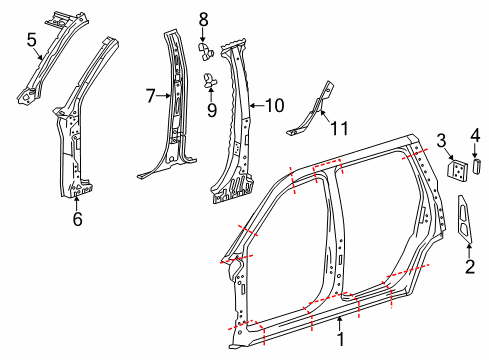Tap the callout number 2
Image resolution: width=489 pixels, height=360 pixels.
pyautogui.click(x=468, y=267)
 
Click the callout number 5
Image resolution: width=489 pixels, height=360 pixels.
pyautogui.click(x=31, y=40)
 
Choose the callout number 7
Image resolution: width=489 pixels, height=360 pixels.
pyautogui.click(x=151, y=97)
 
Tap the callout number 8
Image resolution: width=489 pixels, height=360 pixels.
pyautogui.click(x=203, y=18)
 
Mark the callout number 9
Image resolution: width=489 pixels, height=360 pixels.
pyautogui.click(x=211, y=108)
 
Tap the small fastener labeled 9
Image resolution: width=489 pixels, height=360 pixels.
pyautogui.click(x=210, y=80)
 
